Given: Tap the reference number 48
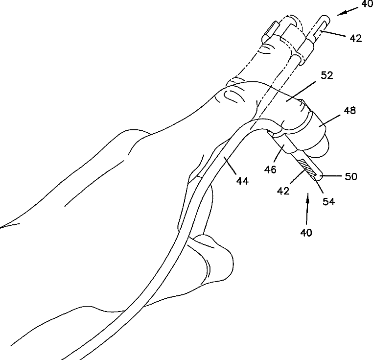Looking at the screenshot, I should [x=350, y=111].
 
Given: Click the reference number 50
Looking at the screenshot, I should [x=350, y=176].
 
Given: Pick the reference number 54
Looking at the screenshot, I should [x=328, y=200].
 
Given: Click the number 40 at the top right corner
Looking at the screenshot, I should [x=367, y=4].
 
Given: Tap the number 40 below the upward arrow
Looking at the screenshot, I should [x=306, y=233].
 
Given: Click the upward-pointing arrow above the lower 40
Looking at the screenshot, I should [x=307, y=208].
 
